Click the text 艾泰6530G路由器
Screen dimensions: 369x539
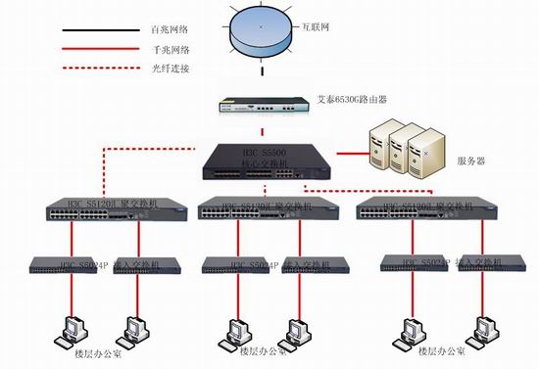(360, 100)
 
